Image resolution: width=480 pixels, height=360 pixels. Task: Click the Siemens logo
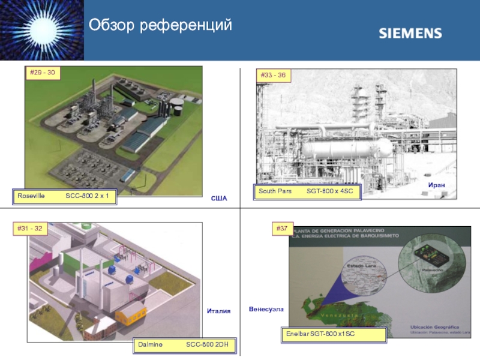click(x=410, y=34)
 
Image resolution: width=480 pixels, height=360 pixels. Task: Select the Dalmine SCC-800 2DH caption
click(x=184, y=345)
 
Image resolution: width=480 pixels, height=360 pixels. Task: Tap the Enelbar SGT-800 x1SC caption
click(x=334, y=334)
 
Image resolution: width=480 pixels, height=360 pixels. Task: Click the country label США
click(x=219, y=198)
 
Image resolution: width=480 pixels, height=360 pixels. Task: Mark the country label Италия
click(x=218, y=310)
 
